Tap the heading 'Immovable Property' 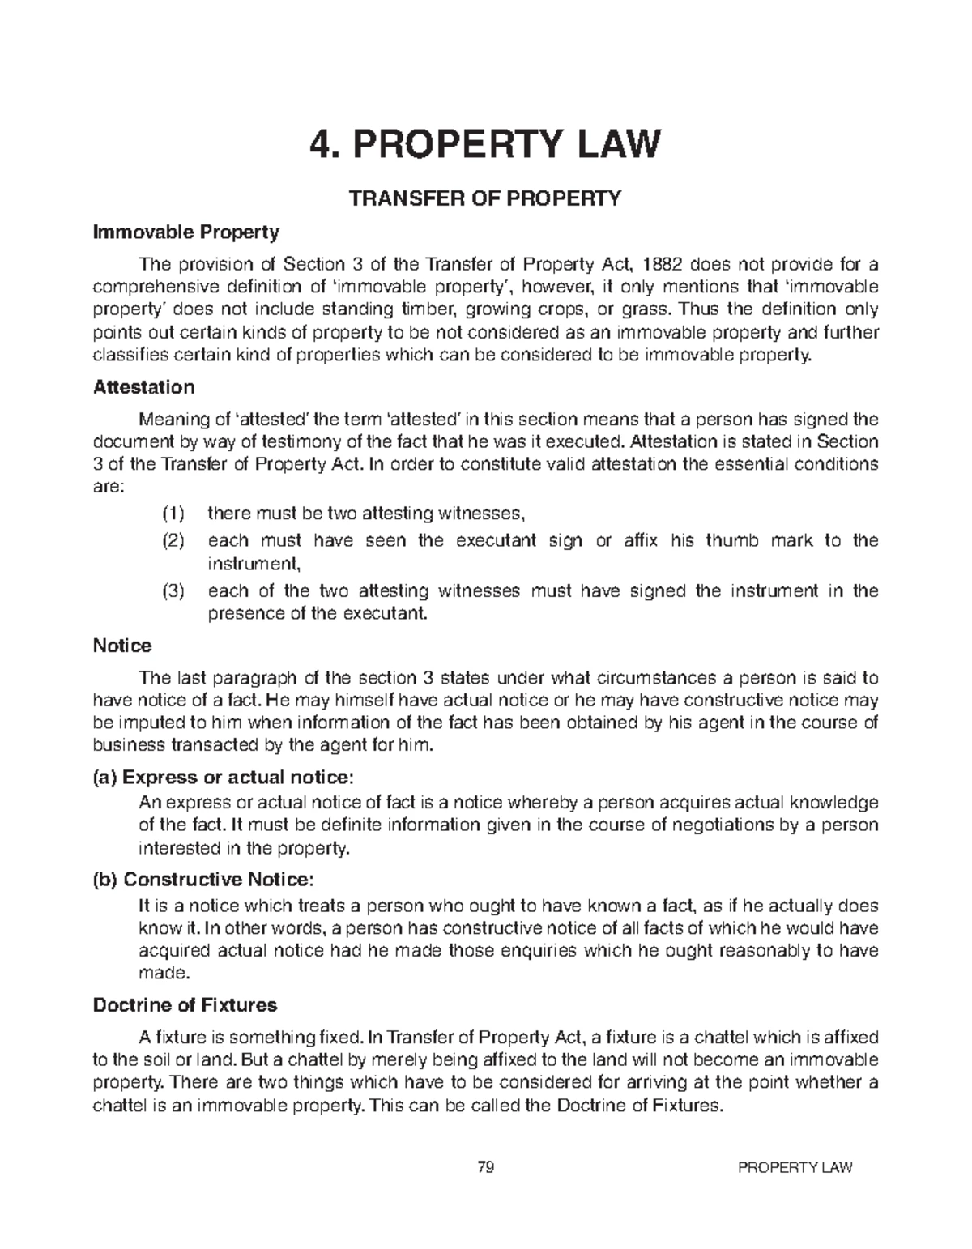coord(186,233)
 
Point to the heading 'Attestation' coord(143,387)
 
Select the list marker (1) coord(173,514)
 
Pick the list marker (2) coord(173,540)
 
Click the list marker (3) coord(173,591)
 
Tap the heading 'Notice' coord(122,646)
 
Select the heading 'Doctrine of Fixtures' coord(185,1006)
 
